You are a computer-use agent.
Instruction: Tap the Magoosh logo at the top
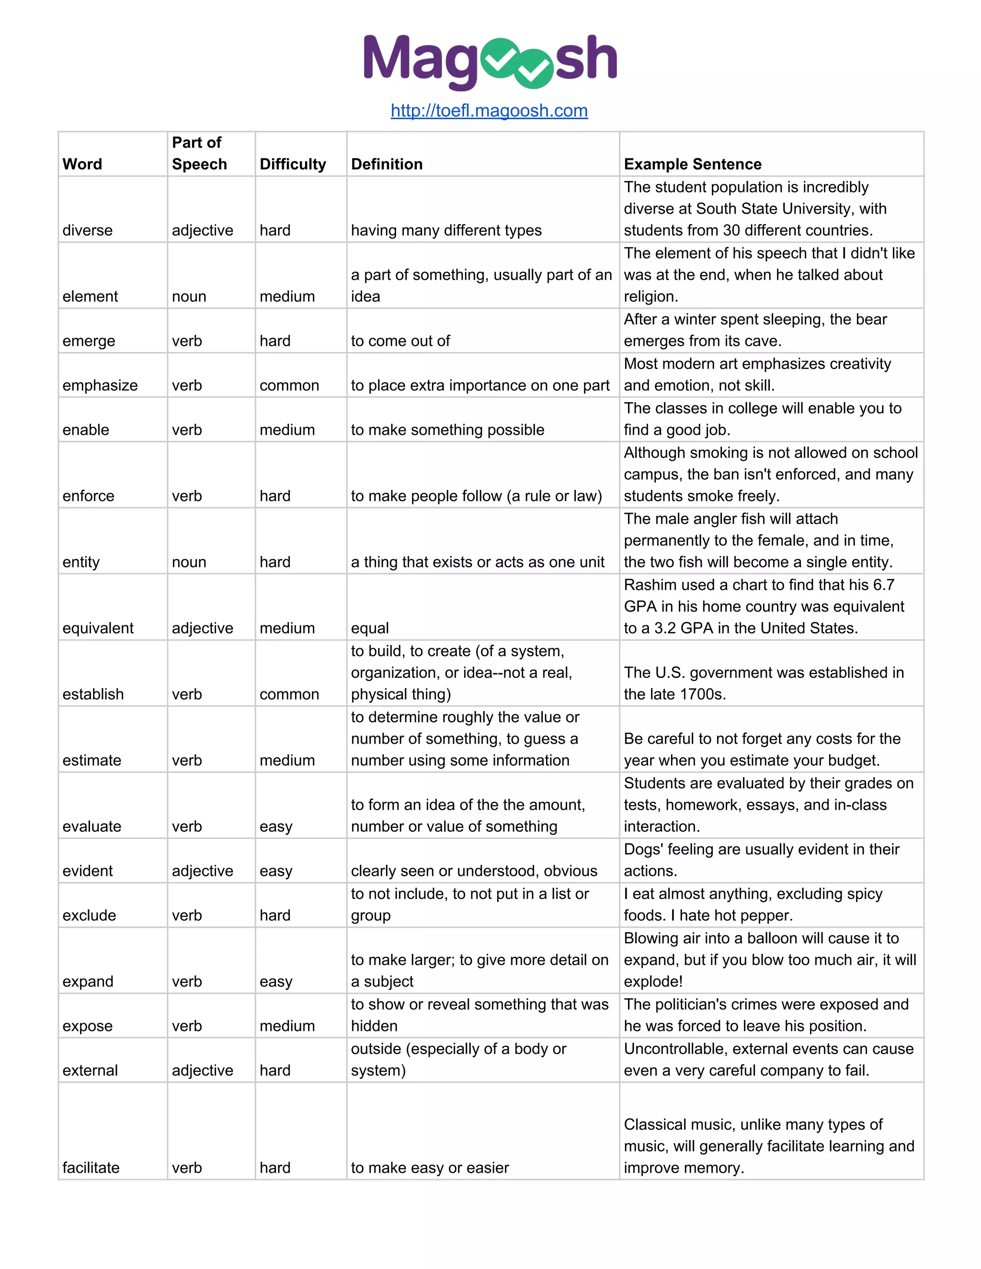click(x=490, y=60)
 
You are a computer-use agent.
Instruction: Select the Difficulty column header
click(x=292, y=164)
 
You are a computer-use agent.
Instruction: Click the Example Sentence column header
click(x=692, y=164)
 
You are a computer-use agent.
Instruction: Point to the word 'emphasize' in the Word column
click(x=100, y=385)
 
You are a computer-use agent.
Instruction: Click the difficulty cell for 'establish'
click(x=289, y=694)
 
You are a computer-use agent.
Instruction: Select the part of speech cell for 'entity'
click(x=189, y=562)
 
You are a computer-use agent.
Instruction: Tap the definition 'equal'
click(x=370, y=628)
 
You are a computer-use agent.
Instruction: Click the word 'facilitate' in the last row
click(x=91, y=1168)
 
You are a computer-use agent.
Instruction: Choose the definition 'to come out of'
click(x=400, y=341)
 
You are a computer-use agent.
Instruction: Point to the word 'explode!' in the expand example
click(x=653, y=981)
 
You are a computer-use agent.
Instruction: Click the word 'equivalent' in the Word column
click(x=98, y=628)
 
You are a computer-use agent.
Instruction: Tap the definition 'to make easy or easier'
click(x=430, y=1168)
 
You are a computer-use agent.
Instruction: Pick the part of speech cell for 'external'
click(x=202, y=1070)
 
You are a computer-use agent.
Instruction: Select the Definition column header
click(x=387, y=164)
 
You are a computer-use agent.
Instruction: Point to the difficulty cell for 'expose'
click(x=287, y=1026)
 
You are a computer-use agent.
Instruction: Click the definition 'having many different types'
click(x=446, y=231)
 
